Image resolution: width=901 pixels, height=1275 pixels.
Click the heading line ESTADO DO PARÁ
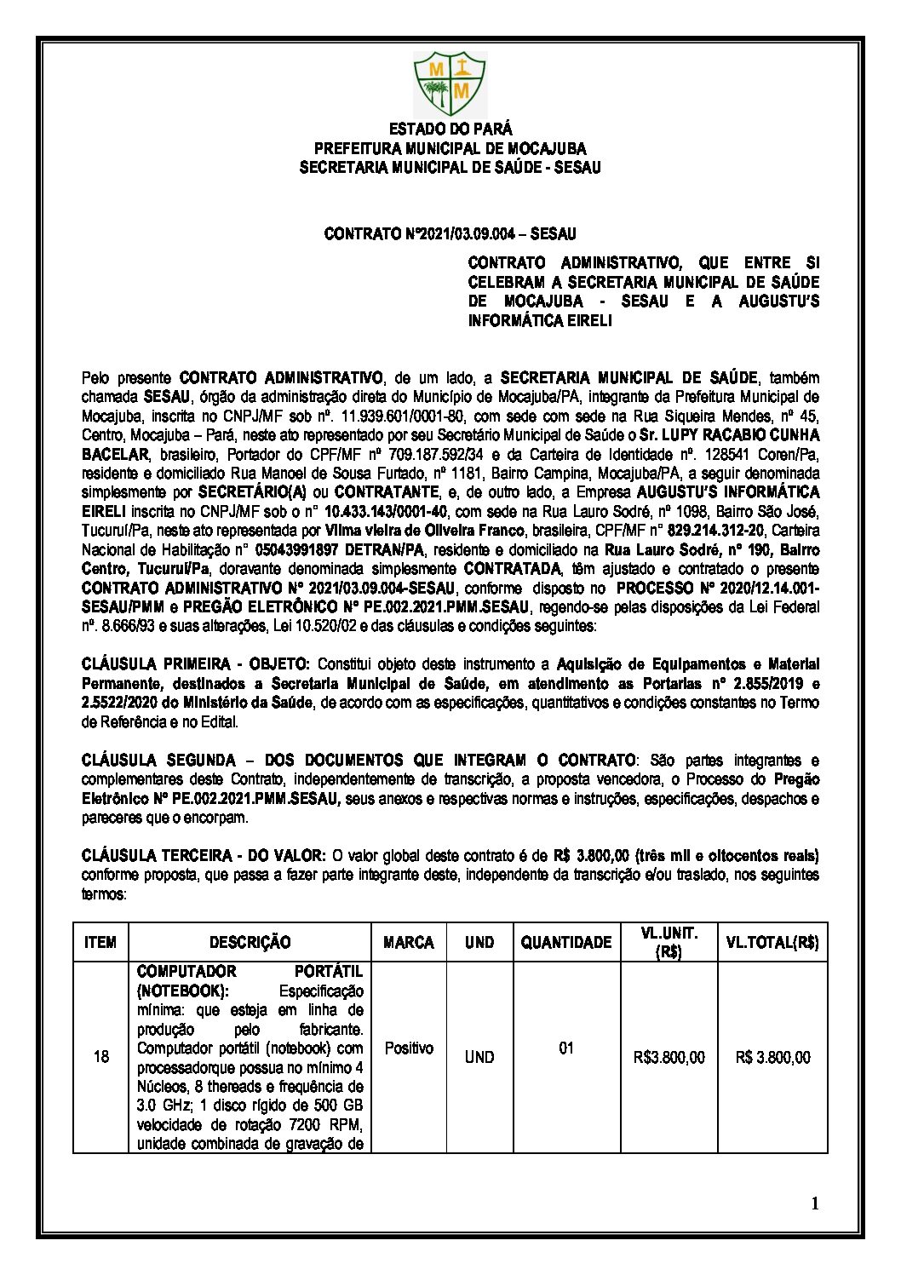pos(450,129)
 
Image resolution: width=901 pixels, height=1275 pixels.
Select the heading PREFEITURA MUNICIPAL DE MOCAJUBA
pos(450,149)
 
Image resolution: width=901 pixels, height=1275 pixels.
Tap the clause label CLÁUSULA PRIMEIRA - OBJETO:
pos(197,664)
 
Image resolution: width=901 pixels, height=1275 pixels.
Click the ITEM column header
pos(100,943)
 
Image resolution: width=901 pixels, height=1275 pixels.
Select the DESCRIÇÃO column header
pos(250,943)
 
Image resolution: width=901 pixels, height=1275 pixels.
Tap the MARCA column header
pos(409,943)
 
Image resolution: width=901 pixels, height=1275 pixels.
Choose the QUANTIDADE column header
pos(566,943)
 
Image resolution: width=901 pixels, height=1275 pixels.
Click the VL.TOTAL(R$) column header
pos(772,943)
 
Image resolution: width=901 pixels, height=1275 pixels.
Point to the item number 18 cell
pos(100,1057)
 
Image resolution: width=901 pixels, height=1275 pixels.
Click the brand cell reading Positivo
pos(409,1048)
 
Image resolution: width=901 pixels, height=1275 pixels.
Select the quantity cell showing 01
pos(566,1048)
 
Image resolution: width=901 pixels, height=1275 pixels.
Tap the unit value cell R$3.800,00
pos(669,1058)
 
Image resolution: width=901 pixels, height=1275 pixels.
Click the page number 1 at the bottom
pos(815,1203)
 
